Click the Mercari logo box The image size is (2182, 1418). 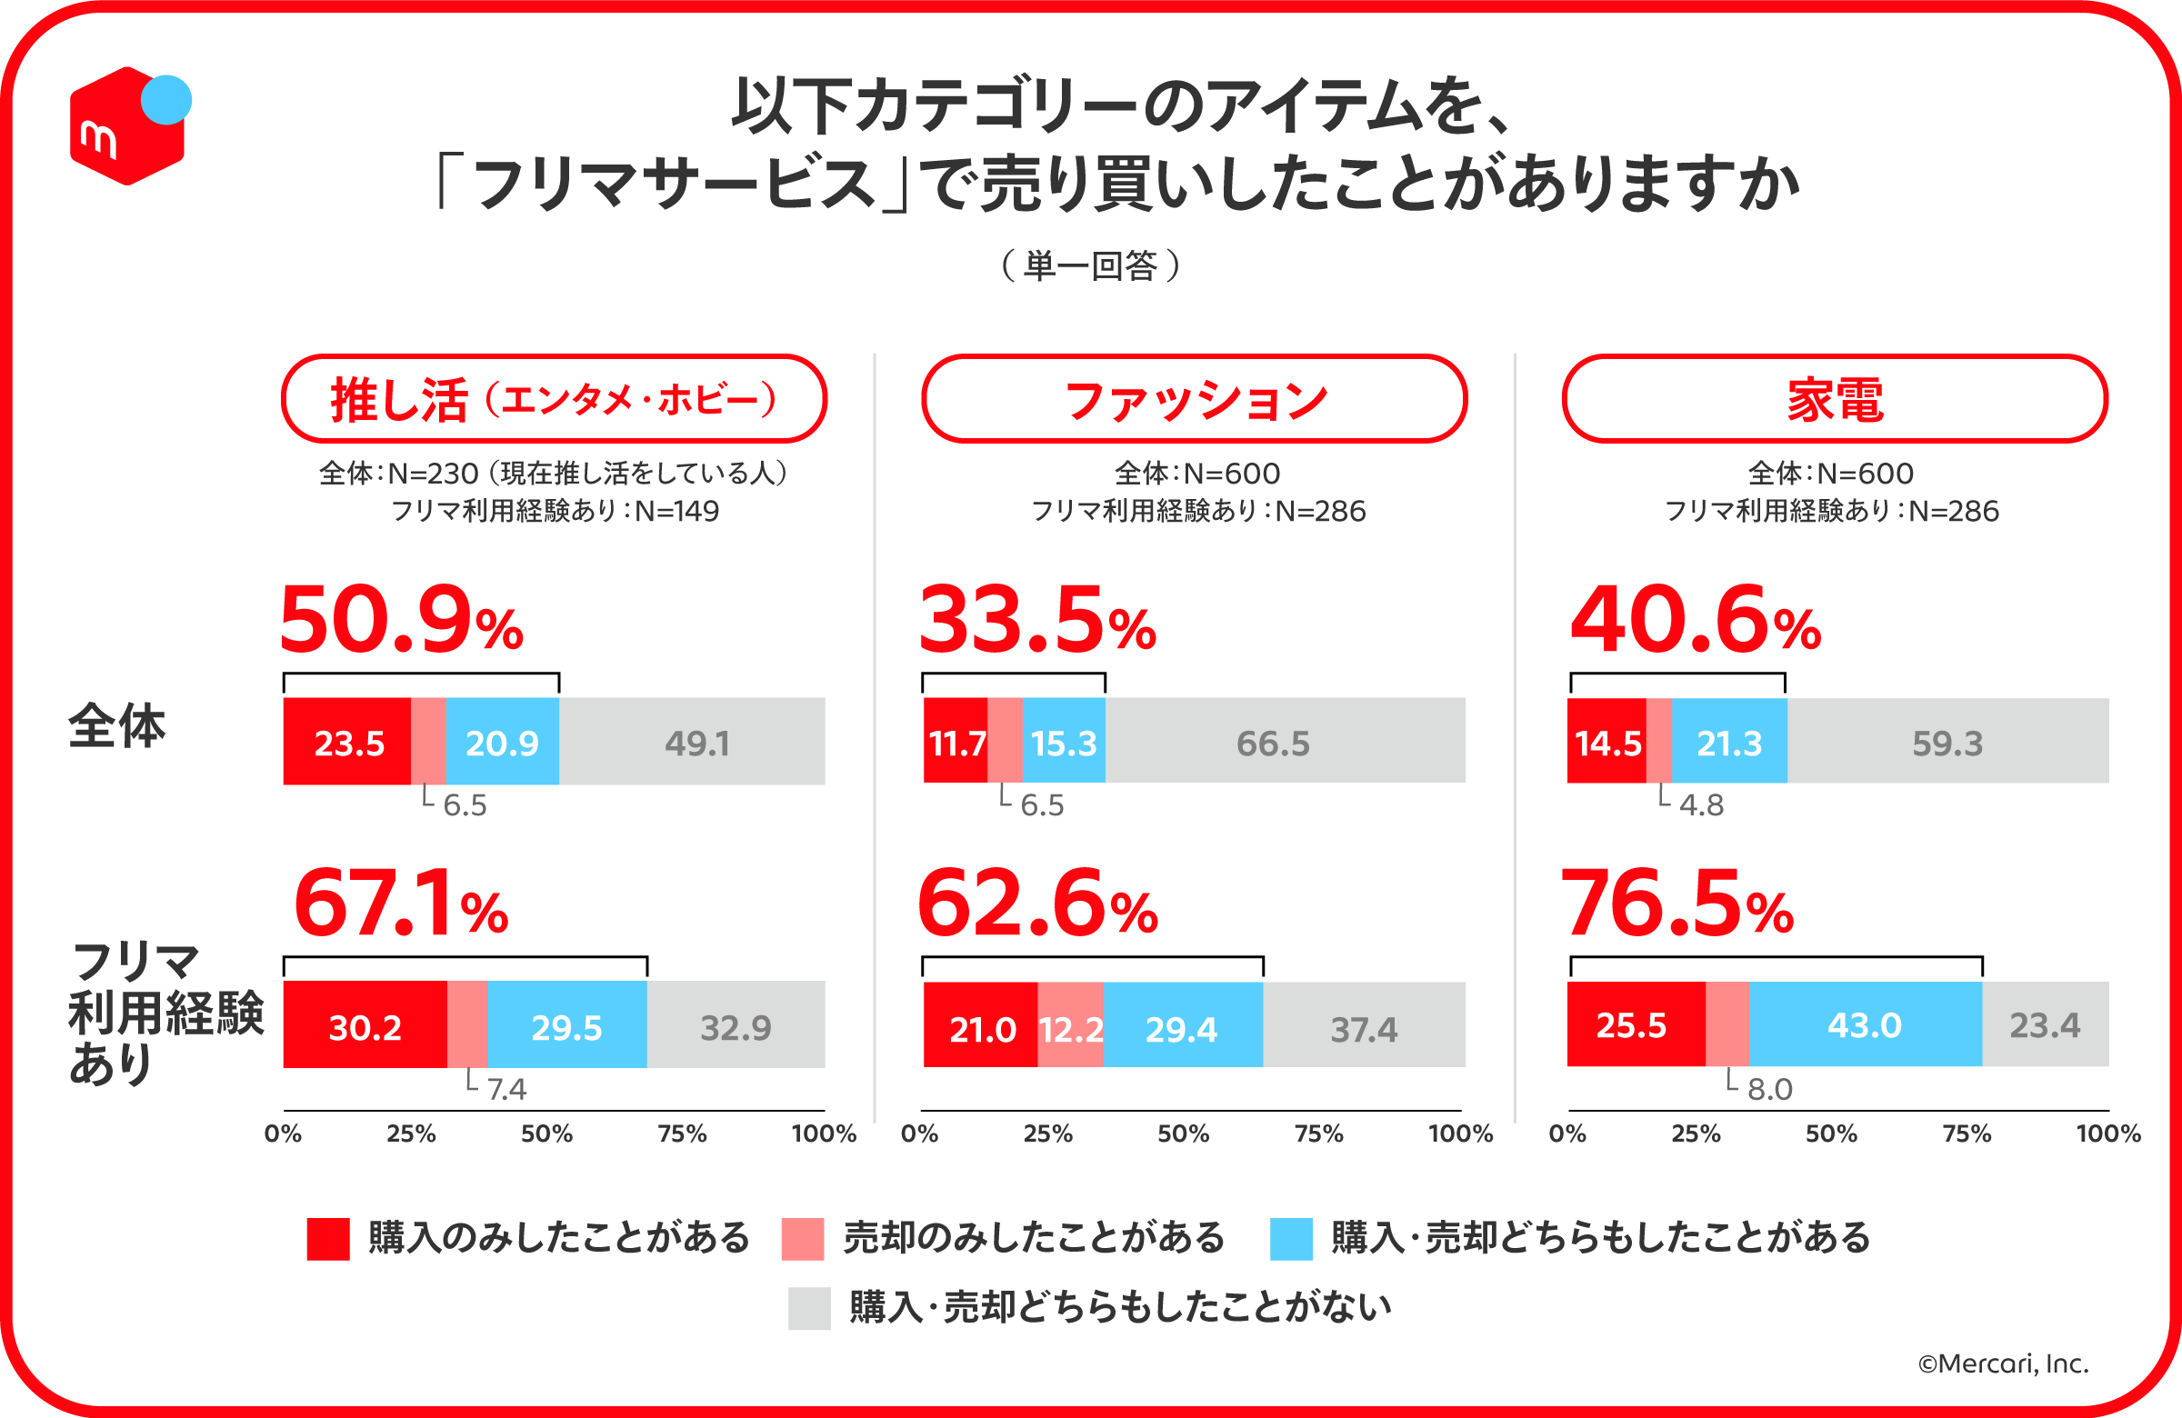[x=124, y=130]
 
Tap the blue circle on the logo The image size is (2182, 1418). [x=166, y=99]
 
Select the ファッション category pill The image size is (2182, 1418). [x=1194, y=400]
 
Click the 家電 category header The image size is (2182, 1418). [x=1835, y=400]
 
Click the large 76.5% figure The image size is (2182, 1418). [x=1677, y=904]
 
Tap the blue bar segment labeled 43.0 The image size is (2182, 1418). [x=1865, y=1024]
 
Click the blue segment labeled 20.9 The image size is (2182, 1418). [x=503, y=742]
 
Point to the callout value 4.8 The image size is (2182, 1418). [x=1701, y=805]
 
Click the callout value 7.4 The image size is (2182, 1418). [x=506, y=1089]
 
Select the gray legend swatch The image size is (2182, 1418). [x=808, y=1308]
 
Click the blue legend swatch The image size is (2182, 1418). [x=1291, y=1238]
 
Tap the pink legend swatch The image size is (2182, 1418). [x=802, y=1238]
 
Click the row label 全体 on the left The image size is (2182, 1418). [x=117, y=726]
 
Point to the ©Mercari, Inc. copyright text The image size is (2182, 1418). [x=2002, y=1364]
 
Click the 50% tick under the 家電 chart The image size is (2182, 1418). [x=1831, y=1134]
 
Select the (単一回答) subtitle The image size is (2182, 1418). [x=1090, y=265]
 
